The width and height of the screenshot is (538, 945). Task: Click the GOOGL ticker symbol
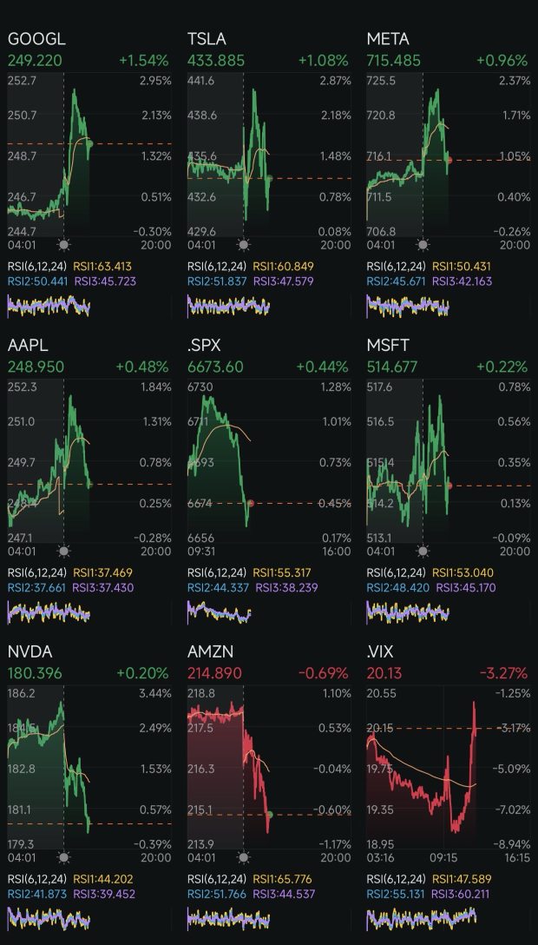tap(36, 39)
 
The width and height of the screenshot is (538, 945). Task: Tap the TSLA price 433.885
tap(216, 61)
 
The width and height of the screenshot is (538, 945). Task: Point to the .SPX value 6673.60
tap(216, 367)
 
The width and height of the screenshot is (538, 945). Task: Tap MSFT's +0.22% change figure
tap(502, 367)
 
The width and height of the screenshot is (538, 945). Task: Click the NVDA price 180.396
tap(36, 673)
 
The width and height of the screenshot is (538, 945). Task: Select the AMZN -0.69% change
tap(322, 673)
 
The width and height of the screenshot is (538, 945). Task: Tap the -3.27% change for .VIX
tap(502, 673)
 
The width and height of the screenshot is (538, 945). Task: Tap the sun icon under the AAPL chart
tap(63, 551)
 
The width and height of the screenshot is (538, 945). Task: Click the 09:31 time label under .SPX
tap(202, 551)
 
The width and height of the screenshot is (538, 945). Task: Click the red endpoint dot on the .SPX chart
tap(250, 504)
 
